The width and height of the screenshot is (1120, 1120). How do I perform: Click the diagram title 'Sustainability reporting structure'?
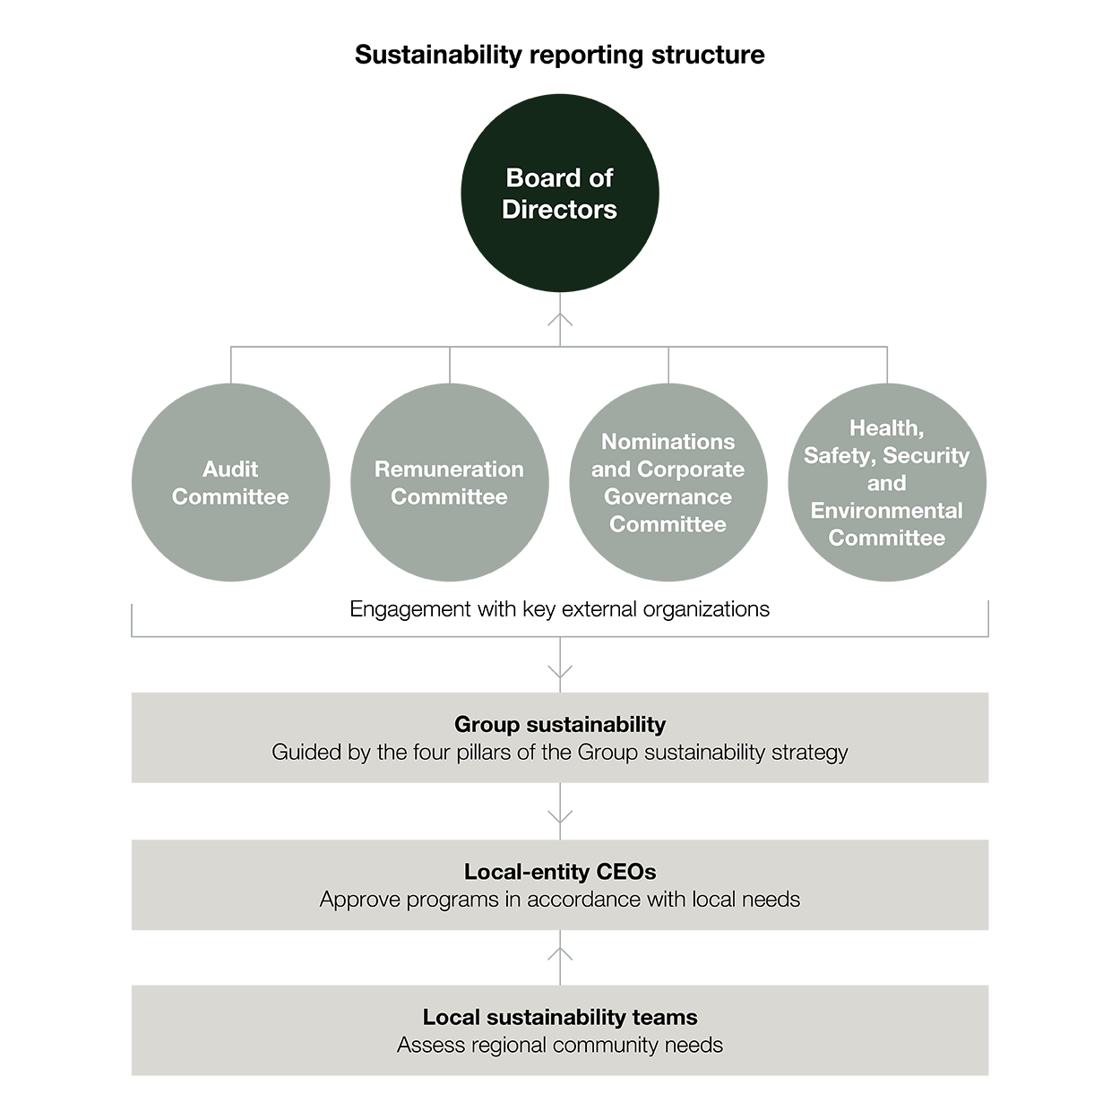560,56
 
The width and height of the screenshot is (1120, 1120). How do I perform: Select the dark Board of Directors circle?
560,193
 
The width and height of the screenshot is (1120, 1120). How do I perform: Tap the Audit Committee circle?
231,482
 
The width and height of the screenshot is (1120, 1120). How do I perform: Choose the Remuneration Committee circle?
449,482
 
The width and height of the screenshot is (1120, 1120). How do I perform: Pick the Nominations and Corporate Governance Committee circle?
668,482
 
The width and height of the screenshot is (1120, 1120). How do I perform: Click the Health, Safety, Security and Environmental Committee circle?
887,482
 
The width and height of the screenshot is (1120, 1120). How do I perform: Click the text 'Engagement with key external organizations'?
560,609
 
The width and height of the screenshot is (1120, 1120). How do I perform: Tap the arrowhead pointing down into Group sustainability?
560,672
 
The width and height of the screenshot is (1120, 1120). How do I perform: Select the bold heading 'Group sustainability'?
560,725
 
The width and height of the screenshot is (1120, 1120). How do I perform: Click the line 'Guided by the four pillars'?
560,752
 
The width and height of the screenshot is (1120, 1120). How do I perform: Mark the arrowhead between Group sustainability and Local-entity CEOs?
560,817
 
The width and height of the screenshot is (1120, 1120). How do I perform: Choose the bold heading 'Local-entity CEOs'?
560,872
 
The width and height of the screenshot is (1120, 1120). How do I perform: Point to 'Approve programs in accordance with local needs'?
560,900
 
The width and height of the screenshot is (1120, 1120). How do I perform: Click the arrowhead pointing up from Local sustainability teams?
560,954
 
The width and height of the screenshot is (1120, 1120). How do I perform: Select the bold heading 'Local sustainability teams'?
560,1017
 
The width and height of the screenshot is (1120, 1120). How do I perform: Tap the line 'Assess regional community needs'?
560,1045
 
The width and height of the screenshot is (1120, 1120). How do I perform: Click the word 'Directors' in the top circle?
559,210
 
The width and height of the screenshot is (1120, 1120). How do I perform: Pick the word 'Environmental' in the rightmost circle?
887,511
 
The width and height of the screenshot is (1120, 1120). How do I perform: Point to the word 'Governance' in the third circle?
668,497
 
